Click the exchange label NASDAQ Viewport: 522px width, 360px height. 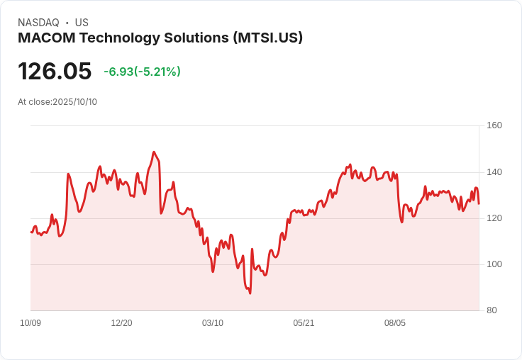[38, 23]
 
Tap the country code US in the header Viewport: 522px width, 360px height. [82, 23]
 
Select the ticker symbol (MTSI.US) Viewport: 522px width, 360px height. [268, 38]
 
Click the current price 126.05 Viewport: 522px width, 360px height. [55, 72]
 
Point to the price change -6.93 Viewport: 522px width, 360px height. [119, 72]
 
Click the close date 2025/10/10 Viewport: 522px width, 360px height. [74, 102]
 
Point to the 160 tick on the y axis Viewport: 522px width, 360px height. [494, 125]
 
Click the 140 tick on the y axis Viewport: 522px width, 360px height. [494, 171]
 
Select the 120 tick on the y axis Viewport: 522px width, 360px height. [494, 218]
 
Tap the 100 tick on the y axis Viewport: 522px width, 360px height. [494, 264]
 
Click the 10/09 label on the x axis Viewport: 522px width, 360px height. [30, 323]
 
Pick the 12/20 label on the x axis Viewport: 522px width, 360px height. [121, 323]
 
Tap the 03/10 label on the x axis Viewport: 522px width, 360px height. [213, 323]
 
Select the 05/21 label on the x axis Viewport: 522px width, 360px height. [304, 323]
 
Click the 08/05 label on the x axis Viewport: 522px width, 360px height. [395, 323]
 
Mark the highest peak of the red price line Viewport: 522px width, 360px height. [154, 152]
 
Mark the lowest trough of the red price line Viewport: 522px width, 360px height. [250, 293]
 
